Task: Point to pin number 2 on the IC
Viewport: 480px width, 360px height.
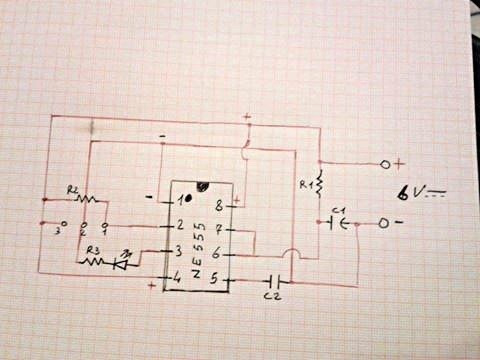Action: pos(180,225)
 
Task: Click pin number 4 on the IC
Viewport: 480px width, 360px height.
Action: pos(179,276)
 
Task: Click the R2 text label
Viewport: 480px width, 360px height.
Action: pos(73,188)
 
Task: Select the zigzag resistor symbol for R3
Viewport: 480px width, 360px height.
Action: pos(94,262)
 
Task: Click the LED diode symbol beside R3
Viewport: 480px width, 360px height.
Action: pos(124,262)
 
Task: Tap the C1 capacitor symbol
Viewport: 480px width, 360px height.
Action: pos(338,223)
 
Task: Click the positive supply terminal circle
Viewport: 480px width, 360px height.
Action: pos(384,163)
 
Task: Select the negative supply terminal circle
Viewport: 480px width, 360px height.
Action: pos(383,222)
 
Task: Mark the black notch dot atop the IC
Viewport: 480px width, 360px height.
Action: pos(203,186)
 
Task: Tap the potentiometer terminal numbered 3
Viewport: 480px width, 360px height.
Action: pos(64,223)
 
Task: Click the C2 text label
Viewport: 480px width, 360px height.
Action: pos(271,297)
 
